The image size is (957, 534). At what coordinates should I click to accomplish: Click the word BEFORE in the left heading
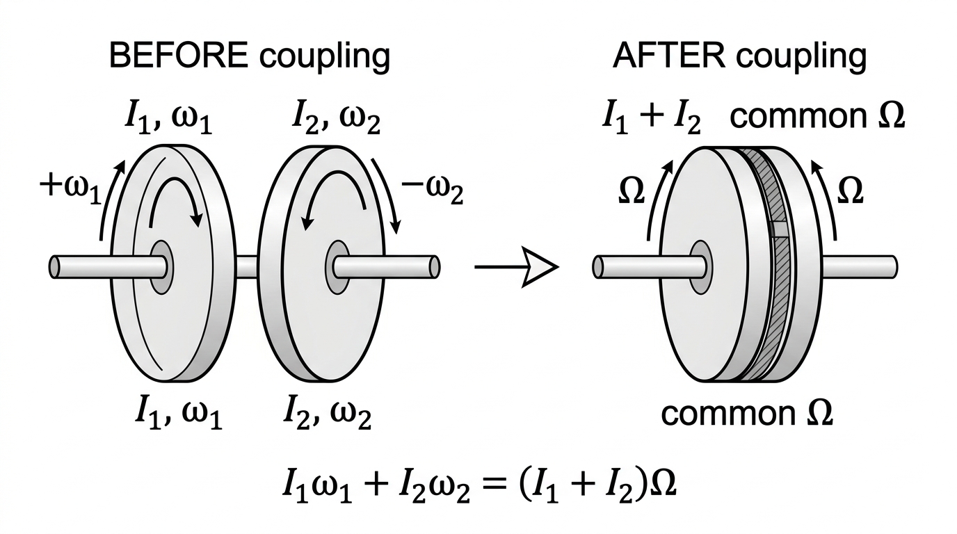(179, 56)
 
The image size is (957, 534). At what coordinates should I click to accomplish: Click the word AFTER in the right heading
(669, 56)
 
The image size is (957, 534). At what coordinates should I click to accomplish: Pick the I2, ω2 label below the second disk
(328, 412)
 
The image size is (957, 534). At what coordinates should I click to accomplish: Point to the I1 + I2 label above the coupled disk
(652, 116)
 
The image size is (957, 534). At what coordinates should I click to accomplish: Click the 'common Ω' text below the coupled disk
(747, 413)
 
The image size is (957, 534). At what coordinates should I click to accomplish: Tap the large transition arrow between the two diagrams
(517, 268)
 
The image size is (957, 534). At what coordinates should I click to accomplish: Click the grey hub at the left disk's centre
(162, 267)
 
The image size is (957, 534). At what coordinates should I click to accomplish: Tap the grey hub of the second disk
(337, 267)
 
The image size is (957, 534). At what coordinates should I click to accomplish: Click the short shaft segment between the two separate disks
(247, 267)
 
